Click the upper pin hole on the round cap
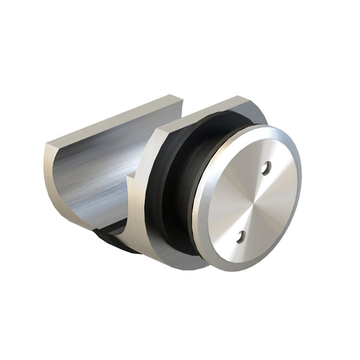267,168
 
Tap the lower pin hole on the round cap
241,237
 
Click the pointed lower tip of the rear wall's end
95,229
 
